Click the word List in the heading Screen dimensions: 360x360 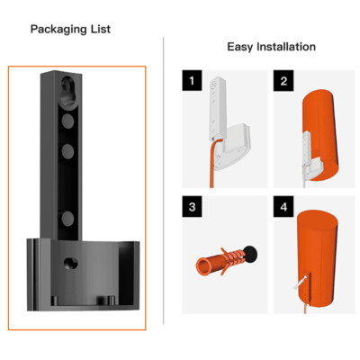pos(101,29)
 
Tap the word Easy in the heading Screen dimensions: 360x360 pos(240,47)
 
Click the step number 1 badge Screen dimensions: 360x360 pos(192,80)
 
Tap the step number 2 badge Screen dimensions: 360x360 pos(283,80)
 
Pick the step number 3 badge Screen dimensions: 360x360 pos(192,206)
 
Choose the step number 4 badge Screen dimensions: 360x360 pos(283,206)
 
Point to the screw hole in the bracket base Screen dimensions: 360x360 pos(71,264)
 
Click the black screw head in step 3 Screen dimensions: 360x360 pos(250,254)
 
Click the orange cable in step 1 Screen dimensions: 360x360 pos(214,162)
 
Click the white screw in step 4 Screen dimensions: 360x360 pos(301,283)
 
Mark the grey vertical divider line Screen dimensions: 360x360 pos(164,181)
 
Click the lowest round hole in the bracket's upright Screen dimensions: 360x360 pos(67,219)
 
